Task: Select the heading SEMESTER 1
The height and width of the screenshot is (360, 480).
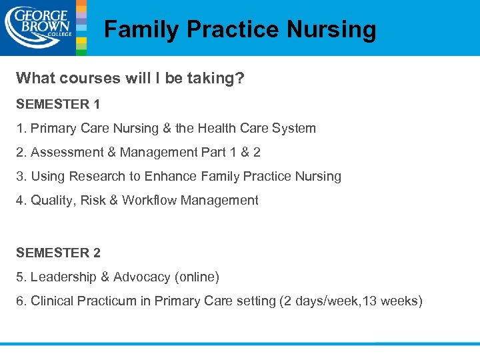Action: [x=58, y=104]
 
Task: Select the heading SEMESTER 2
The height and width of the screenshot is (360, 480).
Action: [x=58, y=253]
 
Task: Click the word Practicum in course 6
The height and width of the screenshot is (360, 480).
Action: [x=107, y=301]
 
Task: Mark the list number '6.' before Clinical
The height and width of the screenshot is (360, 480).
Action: [x=22, y=301]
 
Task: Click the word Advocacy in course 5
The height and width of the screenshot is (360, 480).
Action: [x=142, y=277]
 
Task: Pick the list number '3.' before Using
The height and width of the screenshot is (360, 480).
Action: [x=22, y=176]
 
